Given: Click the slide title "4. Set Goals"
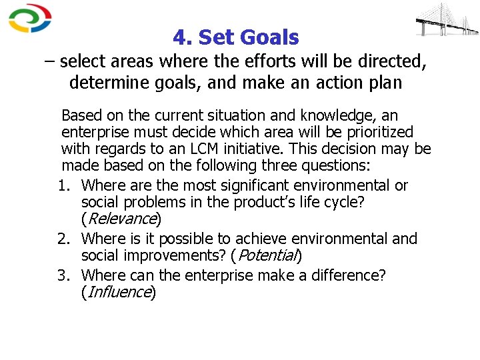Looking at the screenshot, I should click(x=235, y=37).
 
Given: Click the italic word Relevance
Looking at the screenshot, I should click(x=121, y=219).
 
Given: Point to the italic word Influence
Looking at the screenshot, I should click(x=118, y=292).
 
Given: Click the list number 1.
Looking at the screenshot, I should click(x=69, y=185).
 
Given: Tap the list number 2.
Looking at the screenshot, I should click(x=69, y=239).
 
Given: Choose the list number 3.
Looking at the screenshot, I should click(x=69, y=275).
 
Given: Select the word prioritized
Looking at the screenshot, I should click(x=375, y=132).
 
